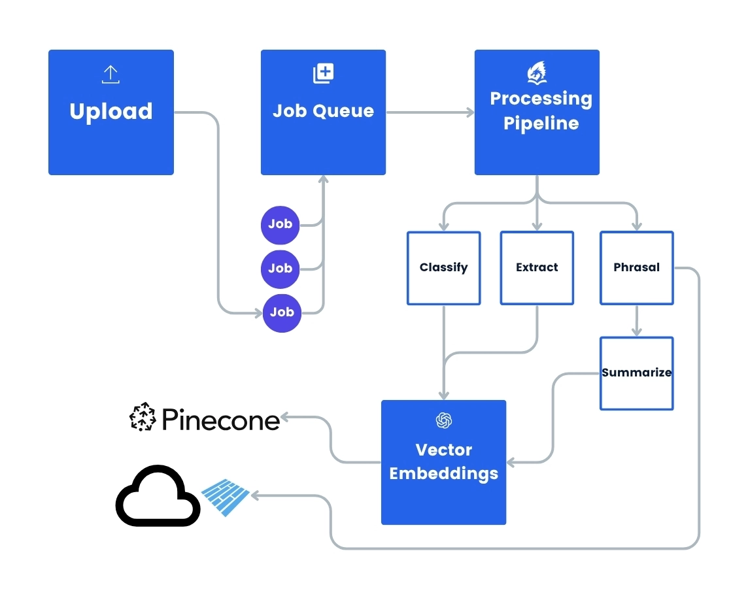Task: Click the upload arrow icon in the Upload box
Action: [x=110, y=75]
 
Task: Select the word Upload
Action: [x=111, y=112]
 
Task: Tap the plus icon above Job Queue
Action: [x=323, y=73]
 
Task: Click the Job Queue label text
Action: [x=323, y=111]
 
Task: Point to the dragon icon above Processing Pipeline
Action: [x=536, y=73]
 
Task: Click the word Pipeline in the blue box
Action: [x=541, y=124]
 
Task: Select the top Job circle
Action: [x=280, y=224]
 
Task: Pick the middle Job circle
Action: [x=280, y=268]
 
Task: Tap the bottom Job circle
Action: [x=282, y=312]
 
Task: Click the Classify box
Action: [x=443, y=268]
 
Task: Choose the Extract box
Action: [x=537, y=268]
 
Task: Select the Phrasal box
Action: [x=636, y=268]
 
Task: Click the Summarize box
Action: [x=636, y=373]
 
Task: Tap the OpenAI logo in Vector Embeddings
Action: [x=444, y=420]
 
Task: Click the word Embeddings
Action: [x=444, y=474]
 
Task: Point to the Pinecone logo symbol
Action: [x=142, y=418]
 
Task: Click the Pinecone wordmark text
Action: [x=220, y=420]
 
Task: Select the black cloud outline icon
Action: [x=158, y=496]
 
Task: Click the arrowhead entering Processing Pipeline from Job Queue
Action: [x=469, y=112]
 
